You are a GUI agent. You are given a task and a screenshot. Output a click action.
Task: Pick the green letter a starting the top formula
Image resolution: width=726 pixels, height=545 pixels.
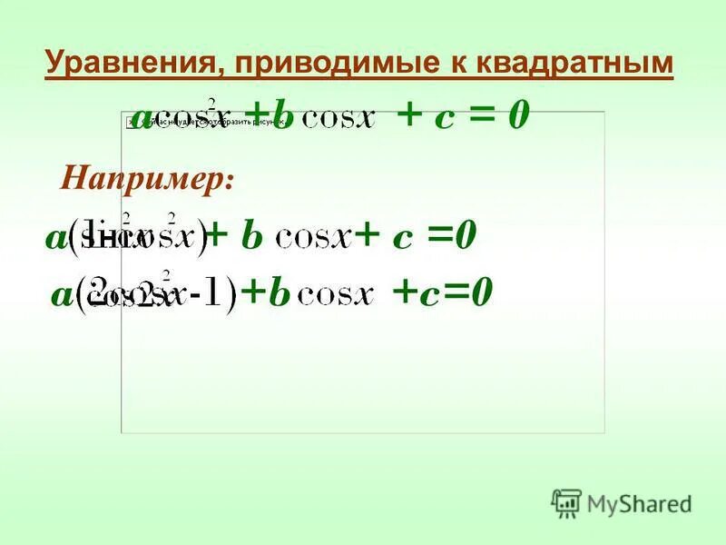(142, 116)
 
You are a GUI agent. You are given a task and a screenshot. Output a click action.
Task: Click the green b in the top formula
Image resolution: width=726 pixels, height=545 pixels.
(283, 118)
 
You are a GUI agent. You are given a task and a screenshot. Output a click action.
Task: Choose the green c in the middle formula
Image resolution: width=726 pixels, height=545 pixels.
(403, 239)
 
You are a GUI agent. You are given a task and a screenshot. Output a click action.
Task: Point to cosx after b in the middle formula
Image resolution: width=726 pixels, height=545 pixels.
(313, 240)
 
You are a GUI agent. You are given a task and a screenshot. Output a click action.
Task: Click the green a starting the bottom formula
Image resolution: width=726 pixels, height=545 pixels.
(61, 295)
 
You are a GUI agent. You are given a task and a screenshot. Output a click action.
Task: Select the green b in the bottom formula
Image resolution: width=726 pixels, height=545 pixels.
(278, 293)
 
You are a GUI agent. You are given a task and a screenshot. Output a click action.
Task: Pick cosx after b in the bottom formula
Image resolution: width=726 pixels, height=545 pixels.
(336, 296)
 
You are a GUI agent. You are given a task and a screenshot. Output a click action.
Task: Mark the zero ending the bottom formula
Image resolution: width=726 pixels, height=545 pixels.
(481, 292)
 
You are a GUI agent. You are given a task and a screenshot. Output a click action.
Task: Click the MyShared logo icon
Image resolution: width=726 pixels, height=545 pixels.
(566, 502)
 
